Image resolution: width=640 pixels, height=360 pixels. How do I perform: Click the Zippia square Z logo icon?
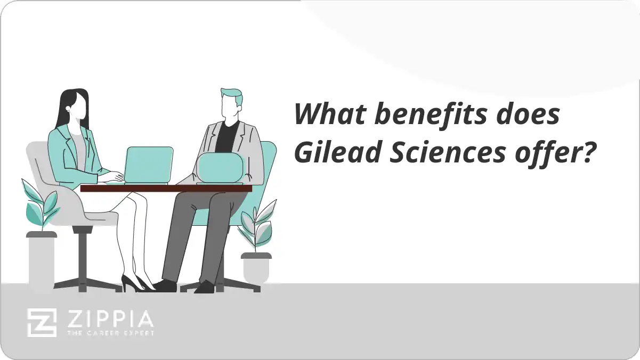[x=42, y=322]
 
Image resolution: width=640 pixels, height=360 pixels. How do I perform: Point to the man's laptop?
[x=220, y=167]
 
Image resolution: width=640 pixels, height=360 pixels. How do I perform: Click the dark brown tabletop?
[x=166, y=188]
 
